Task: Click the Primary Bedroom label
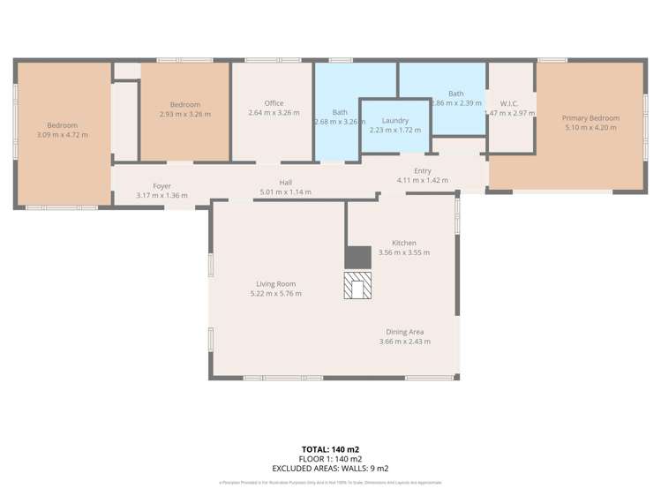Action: point(590,118)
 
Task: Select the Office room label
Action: point(274,103)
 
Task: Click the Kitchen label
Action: point(403,243)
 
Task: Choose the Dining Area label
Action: point(404,332)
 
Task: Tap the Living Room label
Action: point(275,283)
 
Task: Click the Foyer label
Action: point(161,186)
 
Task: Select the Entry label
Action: point(423,170)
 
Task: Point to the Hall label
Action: point(286,182)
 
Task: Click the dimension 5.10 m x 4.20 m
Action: point(590,128)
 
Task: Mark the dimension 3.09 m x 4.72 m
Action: point(62,134)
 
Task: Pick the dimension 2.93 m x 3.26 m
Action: point(185,114)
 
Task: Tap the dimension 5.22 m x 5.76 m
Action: point(275,293)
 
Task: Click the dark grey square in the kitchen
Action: point(357,256)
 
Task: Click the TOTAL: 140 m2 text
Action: point(330,449)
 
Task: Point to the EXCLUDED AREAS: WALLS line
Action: point(330,469)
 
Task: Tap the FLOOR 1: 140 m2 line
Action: point(330,459)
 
